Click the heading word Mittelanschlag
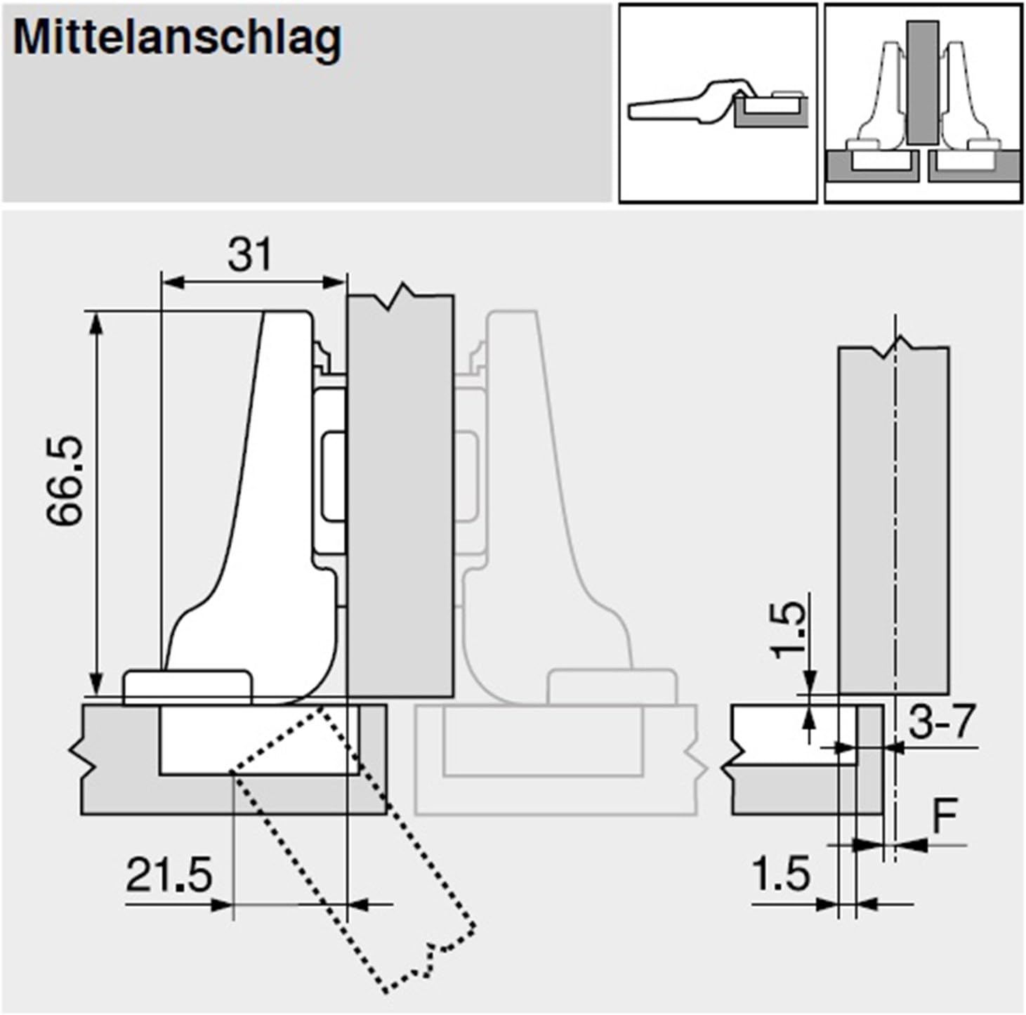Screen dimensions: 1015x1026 177,39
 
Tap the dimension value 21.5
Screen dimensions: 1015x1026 169,876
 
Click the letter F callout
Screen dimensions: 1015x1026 945,815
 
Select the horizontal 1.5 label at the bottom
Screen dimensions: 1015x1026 780,875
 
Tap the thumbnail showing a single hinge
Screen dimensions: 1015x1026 717,103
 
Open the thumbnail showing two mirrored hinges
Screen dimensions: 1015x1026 923,103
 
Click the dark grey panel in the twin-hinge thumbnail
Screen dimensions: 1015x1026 922,81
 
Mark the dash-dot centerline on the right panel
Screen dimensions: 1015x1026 895,527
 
